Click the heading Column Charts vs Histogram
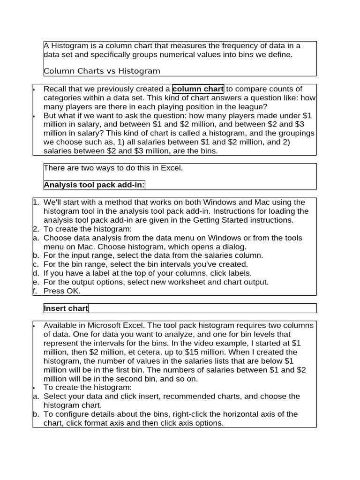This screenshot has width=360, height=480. pyautogui.click(x=102, y=71)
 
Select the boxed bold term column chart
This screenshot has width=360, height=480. pyautogui.click(x=198, y=89)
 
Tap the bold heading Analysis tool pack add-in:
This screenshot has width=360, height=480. pyautogui.click(x=94, y=185)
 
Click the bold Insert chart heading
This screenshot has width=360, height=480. pyautogui.click(x=66, y=308)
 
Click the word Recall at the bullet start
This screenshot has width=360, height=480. pyautogui.click(x=55, y=89)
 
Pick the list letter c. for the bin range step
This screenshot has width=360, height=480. pyautogui.click(x=36, y=264)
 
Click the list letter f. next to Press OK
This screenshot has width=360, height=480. pyautogui.click(x=35, y=291)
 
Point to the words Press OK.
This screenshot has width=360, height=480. pyautogui.click(x=62, y=291)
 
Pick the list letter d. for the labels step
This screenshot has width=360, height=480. pyautogui.click(x=36, y=273)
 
